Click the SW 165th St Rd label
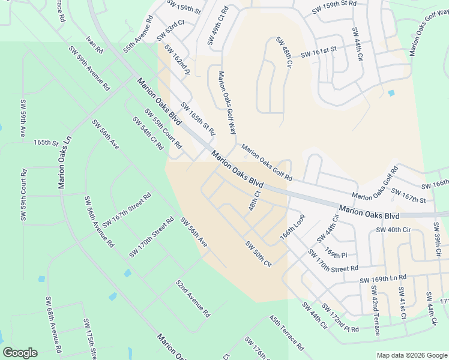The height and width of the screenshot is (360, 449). click(x=197, y=119)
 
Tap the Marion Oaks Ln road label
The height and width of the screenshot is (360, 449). click(x=65, y=162)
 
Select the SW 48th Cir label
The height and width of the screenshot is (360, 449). click(x=284, y=52)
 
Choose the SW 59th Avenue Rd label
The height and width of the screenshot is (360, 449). click(x=88, y=68)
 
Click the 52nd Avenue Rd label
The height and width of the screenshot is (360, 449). click(x=193, y=298)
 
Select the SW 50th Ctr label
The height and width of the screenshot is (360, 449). click(x=259, y=254)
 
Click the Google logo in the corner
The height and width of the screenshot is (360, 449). click(x=20, y=353)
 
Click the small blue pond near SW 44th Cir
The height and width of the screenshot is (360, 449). click(x=391, y=93)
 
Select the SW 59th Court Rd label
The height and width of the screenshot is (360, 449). click(x=23, y=196)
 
